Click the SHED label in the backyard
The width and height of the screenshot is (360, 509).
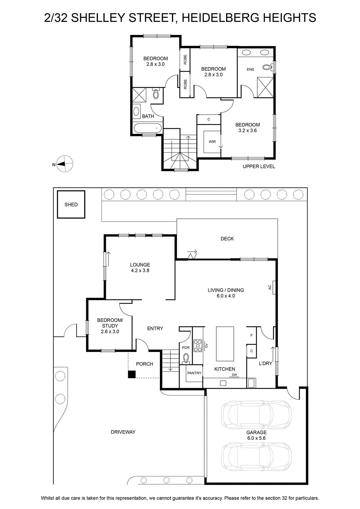[71, 205]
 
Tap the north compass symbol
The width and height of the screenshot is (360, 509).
[65, 164]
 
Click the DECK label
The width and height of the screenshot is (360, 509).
[227, 239]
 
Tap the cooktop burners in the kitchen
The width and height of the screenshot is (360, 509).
[197, 345]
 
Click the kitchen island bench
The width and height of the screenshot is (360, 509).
[225, 344]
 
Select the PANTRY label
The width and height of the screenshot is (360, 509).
[194, 373]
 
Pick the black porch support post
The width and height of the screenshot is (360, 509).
[132, 374]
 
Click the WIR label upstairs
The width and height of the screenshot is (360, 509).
[212, 142]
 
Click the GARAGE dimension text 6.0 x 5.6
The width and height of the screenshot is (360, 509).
[256, 438]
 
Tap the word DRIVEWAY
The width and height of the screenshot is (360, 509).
[123, 432]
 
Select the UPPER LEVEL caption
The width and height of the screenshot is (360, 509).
[259, 166]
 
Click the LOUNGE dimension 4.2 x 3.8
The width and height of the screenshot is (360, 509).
[140, 270]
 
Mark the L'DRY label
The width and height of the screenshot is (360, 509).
[266, 363]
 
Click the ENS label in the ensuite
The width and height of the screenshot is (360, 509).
[250, 69]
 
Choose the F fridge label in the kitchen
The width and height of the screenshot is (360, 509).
[252, 335]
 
